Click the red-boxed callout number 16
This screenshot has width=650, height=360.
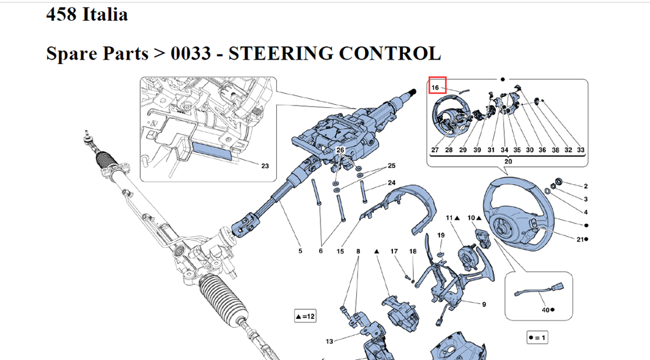(436, 86)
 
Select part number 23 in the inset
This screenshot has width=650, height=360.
(265, 166)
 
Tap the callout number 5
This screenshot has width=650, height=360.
(300, 251)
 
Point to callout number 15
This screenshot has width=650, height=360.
(340, 251)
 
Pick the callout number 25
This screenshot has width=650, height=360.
(392, 166)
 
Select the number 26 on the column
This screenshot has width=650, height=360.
(341, 150)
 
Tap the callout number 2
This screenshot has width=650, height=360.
(585, 186)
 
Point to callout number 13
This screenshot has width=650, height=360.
(329, 342)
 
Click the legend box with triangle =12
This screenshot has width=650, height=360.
(305, 316)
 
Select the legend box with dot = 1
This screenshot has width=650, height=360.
(536, 338)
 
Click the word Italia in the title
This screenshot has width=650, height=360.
(105, 14)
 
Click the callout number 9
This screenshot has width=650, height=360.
(484, 304)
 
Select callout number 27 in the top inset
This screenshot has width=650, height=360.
(435, 150)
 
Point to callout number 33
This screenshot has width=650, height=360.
(580, 150)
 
